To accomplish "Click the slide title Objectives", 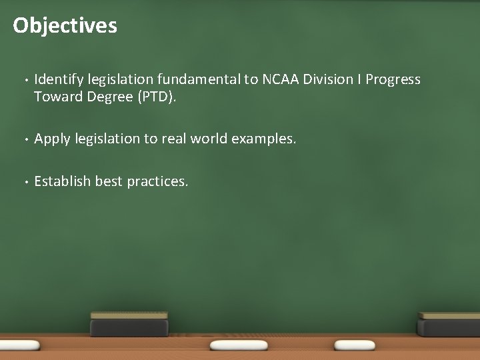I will (65, 25).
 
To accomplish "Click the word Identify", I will (56, 80).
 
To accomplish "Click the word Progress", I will (393, 80).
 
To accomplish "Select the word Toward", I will (57, 97).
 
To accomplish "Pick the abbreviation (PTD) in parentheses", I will (157, 97).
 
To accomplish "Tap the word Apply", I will (51, 139).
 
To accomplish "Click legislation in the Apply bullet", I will (105, 139).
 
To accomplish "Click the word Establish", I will (62, 181).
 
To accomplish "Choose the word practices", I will (158, 181).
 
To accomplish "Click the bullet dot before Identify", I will (23, 81).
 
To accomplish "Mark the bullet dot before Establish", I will (23, 182).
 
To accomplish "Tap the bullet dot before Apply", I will (23, 140).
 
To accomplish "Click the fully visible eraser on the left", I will (129, 324).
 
